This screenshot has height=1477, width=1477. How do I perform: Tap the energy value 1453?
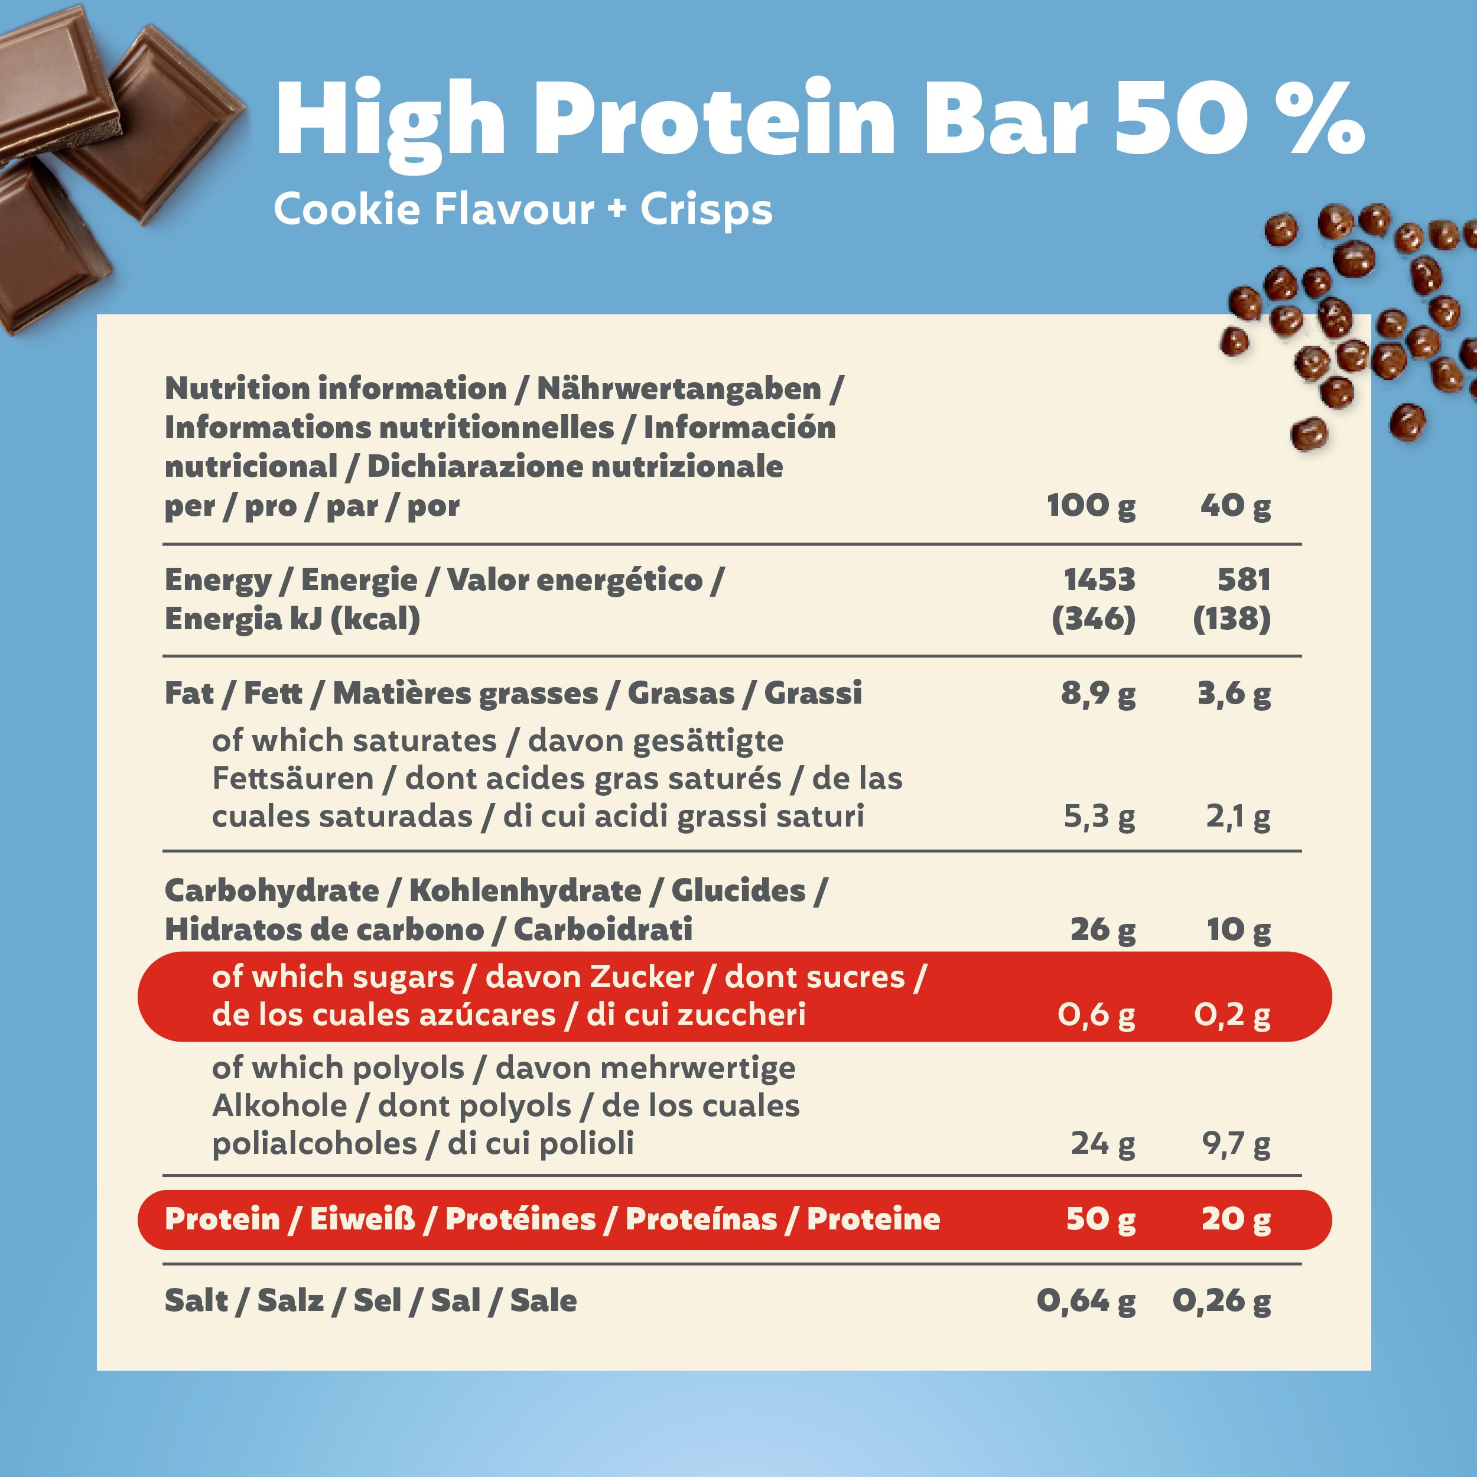(1099, 580)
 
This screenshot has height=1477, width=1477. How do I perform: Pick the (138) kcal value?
(1232, 619)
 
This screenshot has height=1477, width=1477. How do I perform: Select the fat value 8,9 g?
(1098, 694)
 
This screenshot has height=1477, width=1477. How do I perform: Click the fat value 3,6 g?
(1234, 694)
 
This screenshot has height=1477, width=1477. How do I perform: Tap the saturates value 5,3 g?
(1099, 817)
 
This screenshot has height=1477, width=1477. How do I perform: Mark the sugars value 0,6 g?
(1097, 1015)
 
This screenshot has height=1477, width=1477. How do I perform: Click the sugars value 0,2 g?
(1232, 1015)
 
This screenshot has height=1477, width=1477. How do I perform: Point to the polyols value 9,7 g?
(1236, 1144)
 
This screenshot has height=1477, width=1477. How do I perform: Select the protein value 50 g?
(1101, 1219)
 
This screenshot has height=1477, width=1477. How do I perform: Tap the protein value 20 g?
(1236, 1219)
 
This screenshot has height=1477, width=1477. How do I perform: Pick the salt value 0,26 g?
(1222, 1300)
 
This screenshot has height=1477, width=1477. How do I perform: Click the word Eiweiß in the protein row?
(362, 1219)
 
